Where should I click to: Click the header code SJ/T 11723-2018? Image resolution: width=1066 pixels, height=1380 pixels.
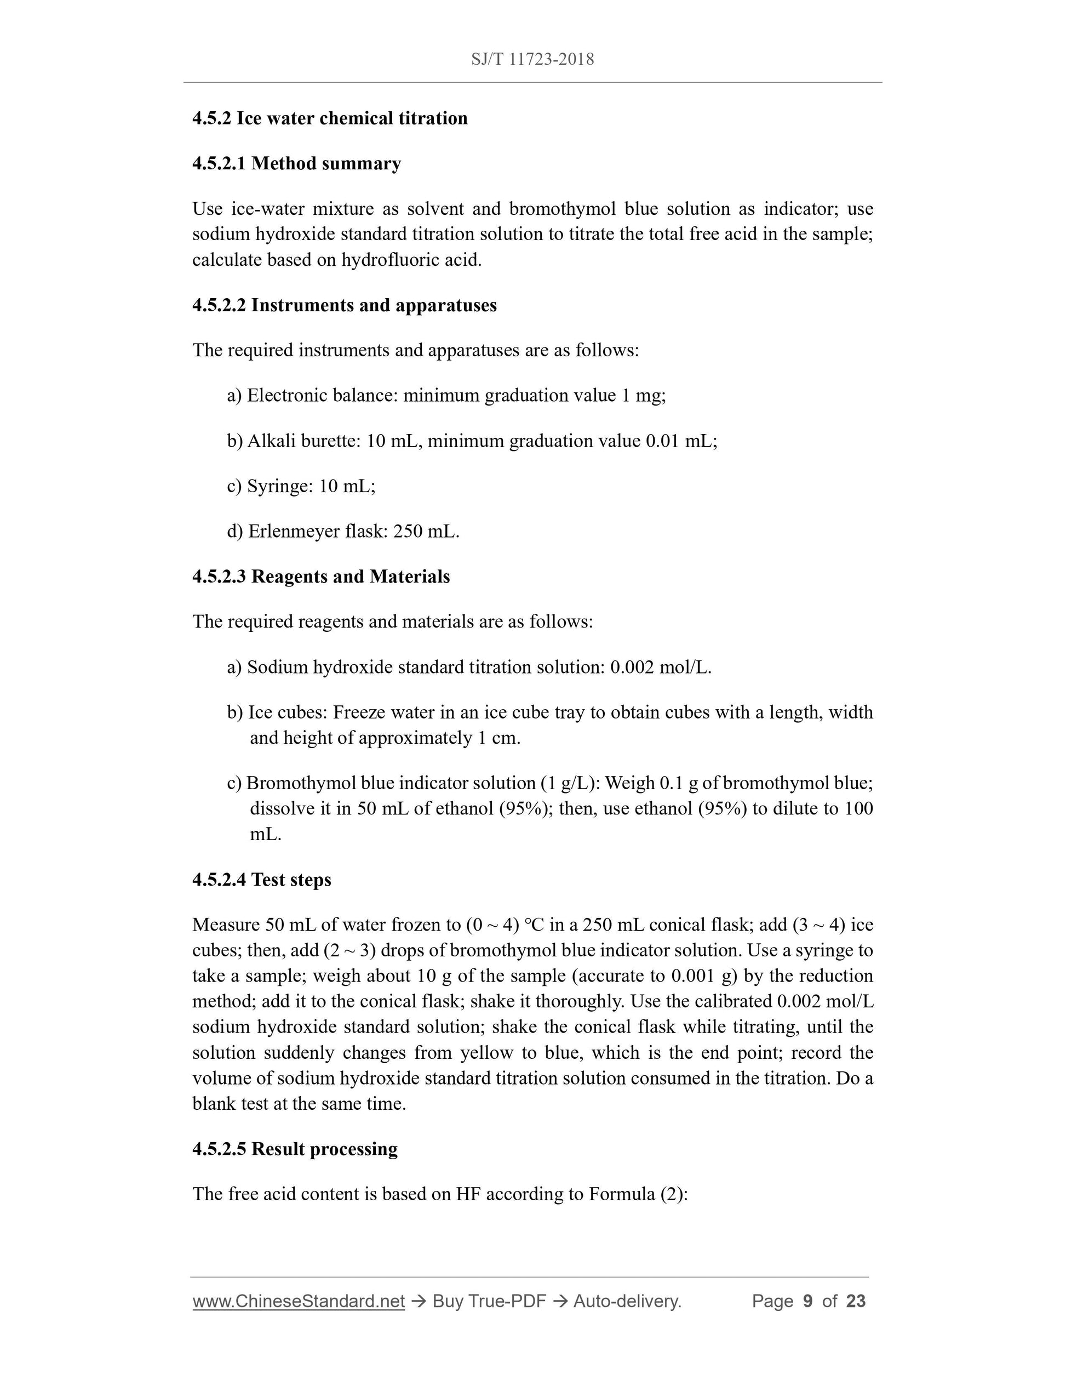point(532,59)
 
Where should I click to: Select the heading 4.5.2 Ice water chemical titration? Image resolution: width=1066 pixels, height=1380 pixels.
point(330,118)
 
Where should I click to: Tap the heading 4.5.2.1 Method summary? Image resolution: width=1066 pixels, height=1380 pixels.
point(296,164)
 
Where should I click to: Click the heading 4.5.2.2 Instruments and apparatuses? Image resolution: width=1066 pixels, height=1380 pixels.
point(344,305)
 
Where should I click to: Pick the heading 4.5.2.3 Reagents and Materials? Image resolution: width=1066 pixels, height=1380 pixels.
point(321,576)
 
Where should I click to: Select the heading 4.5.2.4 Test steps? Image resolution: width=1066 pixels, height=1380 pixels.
point(261,880)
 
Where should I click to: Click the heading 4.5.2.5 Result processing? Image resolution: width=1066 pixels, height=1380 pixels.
point(295,1149)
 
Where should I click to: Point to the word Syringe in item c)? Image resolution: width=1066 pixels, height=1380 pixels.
point(277,486)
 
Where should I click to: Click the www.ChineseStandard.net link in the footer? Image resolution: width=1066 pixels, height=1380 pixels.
point(298,1301)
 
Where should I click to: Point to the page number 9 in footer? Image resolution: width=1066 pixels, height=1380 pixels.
point(807,1301)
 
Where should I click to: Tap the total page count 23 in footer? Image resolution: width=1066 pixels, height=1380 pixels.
point(856,1301)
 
